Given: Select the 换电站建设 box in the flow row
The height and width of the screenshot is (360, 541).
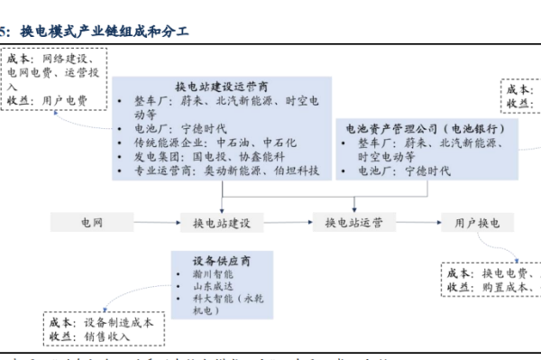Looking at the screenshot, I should [222, 221].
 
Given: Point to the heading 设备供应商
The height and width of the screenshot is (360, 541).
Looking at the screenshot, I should [221, 261].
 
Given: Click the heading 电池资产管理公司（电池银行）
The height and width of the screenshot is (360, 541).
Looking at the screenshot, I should [419, 128].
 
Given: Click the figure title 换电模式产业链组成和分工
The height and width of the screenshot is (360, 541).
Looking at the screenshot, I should [100, 32].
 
